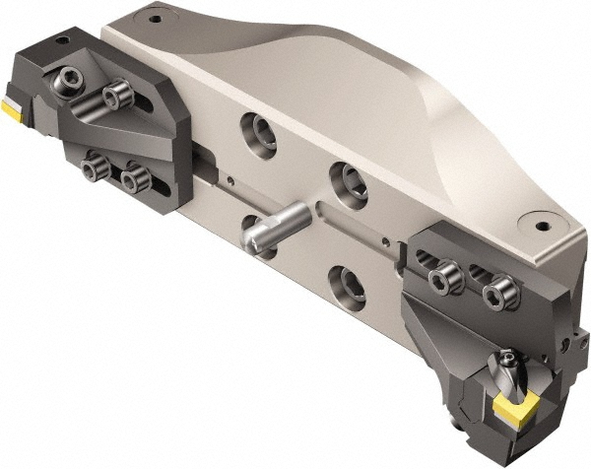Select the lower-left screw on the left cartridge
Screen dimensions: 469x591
[96, 170]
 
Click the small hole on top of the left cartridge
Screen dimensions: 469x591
[61, 41]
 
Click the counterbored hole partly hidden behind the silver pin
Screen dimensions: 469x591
[250, 225]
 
